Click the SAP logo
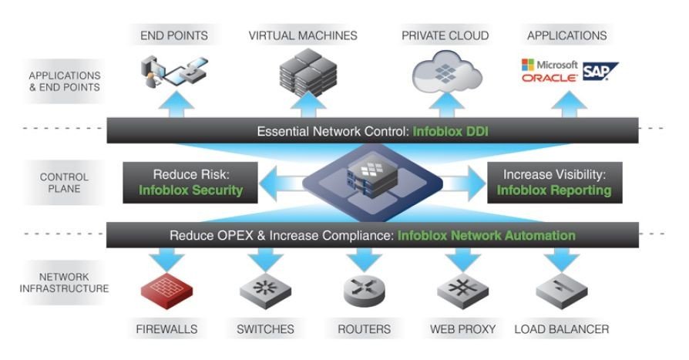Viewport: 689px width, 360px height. [600, 72]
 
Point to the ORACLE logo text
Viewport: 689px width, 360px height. [550, 79]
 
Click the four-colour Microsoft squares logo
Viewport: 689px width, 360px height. [529, 64]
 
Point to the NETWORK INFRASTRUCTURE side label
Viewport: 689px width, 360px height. [65, 282]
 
